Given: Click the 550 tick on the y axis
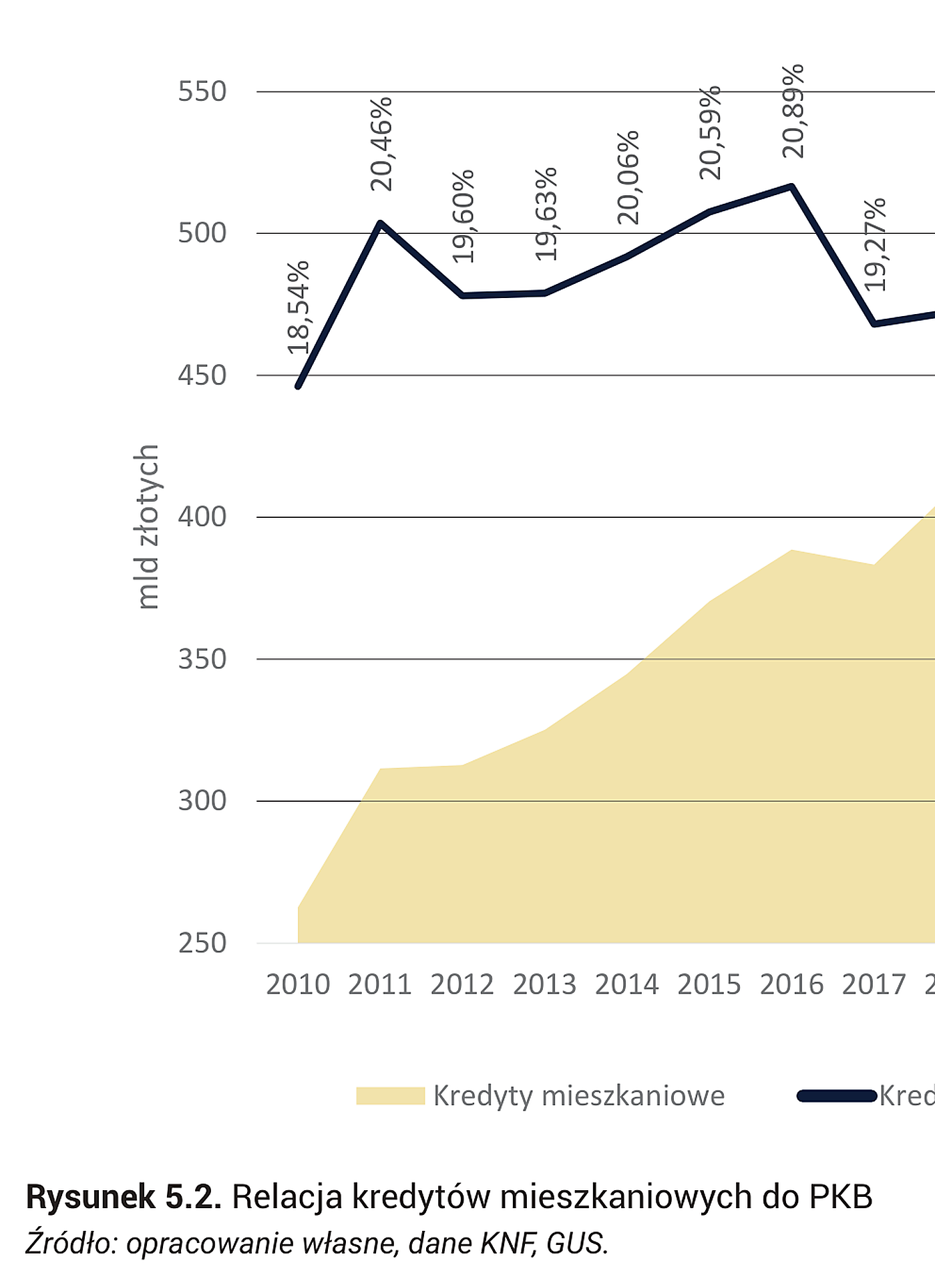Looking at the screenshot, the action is click(x=202, y=92).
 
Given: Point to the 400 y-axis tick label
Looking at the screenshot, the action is click(x=202, y=517).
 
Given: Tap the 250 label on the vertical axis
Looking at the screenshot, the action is click(x=202, y=943).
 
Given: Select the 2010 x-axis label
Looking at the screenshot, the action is click(x=298, y=984).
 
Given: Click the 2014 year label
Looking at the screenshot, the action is click(x=627, y=984).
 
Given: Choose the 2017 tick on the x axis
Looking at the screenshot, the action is click(x=874, y=984).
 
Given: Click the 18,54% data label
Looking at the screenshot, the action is click(x=299, y=307).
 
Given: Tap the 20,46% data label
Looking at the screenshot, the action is click(x=381, y=144).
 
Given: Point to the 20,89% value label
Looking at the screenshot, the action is click(x=793, y=111).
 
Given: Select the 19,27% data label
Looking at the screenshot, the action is click(x=875, y=245).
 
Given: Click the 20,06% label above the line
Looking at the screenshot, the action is click(x=628, y=178).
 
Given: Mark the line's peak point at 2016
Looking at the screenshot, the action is click(x=792, y=186).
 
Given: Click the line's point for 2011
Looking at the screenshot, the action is click(x=380, y=223).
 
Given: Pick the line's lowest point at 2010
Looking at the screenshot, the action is click(x=298, y=386).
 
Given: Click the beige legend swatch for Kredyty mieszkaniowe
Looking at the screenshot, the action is click(x=390, y=1096).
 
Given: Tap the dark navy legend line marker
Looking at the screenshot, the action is click(x=837, y=1096).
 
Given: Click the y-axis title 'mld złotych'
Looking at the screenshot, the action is click(x=147, y=527).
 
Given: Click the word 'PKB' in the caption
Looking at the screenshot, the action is click(x=841, y=1196).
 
